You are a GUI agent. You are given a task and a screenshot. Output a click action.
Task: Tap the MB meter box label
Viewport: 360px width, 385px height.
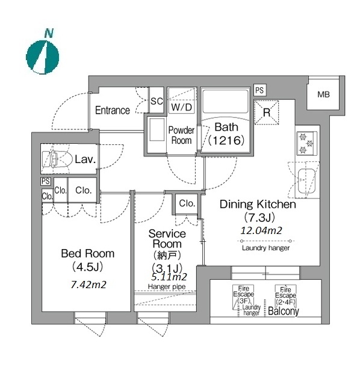323,94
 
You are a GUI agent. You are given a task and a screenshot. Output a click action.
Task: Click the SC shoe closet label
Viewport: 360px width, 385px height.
157,101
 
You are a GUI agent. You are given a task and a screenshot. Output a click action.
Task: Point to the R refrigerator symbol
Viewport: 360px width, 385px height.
267,112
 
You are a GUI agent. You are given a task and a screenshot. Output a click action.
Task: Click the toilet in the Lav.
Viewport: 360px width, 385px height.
57,159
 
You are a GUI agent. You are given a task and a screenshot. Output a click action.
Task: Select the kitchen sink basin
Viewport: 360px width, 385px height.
306,181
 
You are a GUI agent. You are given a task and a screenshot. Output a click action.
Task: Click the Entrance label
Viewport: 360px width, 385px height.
113,110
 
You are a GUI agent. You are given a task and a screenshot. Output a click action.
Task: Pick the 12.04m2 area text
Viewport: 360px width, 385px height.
261,230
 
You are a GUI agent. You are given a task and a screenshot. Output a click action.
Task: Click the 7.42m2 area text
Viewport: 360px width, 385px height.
88,285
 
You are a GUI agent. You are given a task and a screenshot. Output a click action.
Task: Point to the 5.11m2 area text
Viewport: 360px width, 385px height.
169,277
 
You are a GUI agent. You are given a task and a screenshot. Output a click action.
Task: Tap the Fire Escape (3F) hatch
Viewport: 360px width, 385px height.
243,297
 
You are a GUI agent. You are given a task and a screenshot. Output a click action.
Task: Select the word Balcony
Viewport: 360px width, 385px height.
284,311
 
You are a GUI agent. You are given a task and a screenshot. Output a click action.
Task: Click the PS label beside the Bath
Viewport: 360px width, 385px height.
259,90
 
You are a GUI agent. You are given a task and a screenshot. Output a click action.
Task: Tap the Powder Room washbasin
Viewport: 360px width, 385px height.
157,130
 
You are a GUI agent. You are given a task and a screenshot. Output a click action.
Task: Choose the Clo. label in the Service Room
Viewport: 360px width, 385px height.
187,203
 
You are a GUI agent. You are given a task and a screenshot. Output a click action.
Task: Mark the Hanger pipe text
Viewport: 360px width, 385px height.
167,286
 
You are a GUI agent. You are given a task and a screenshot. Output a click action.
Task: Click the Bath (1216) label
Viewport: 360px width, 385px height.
226,134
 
